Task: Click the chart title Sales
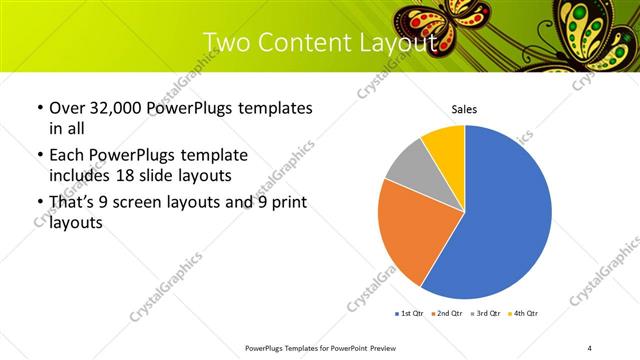464,108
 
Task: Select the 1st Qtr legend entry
412,314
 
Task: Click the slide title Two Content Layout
319,43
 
